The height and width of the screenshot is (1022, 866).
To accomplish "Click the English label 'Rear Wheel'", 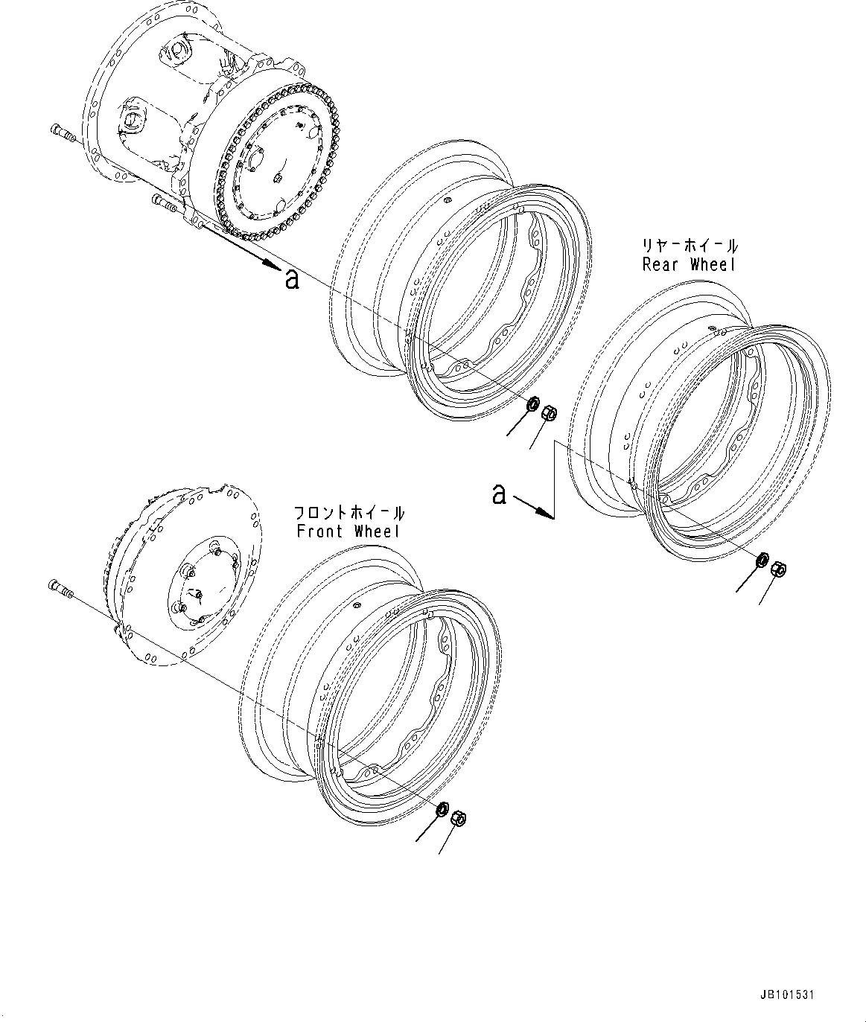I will (689, 265).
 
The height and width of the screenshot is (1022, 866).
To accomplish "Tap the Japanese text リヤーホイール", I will (690, 246).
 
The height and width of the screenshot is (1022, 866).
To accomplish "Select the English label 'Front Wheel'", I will (348, 531).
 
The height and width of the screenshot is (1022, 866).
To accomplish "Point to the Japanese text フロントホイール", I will (349, 513).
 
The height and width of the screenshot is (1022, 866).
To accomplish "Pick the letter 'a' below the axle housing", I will (292, 279).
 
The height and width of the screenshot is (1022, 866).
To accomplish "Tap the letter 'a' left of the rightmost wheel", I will (499, 494).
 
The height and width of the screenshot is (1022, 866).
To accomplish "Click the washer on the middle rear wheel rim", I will (533, 405).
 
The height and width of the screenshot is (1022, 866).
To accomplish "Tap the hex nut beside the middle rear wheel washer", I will (547, 411).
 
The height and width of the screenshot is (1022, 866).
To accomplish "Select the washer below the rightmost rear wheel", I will (763, 560).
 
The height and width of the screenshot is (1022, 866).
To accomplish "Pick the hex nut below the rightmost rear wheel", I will (780, 569).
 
